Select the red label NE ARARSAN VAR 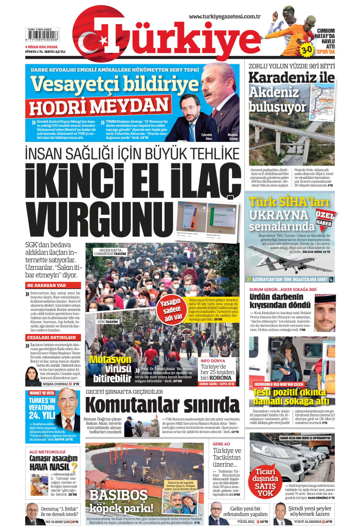pos(47,285)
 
